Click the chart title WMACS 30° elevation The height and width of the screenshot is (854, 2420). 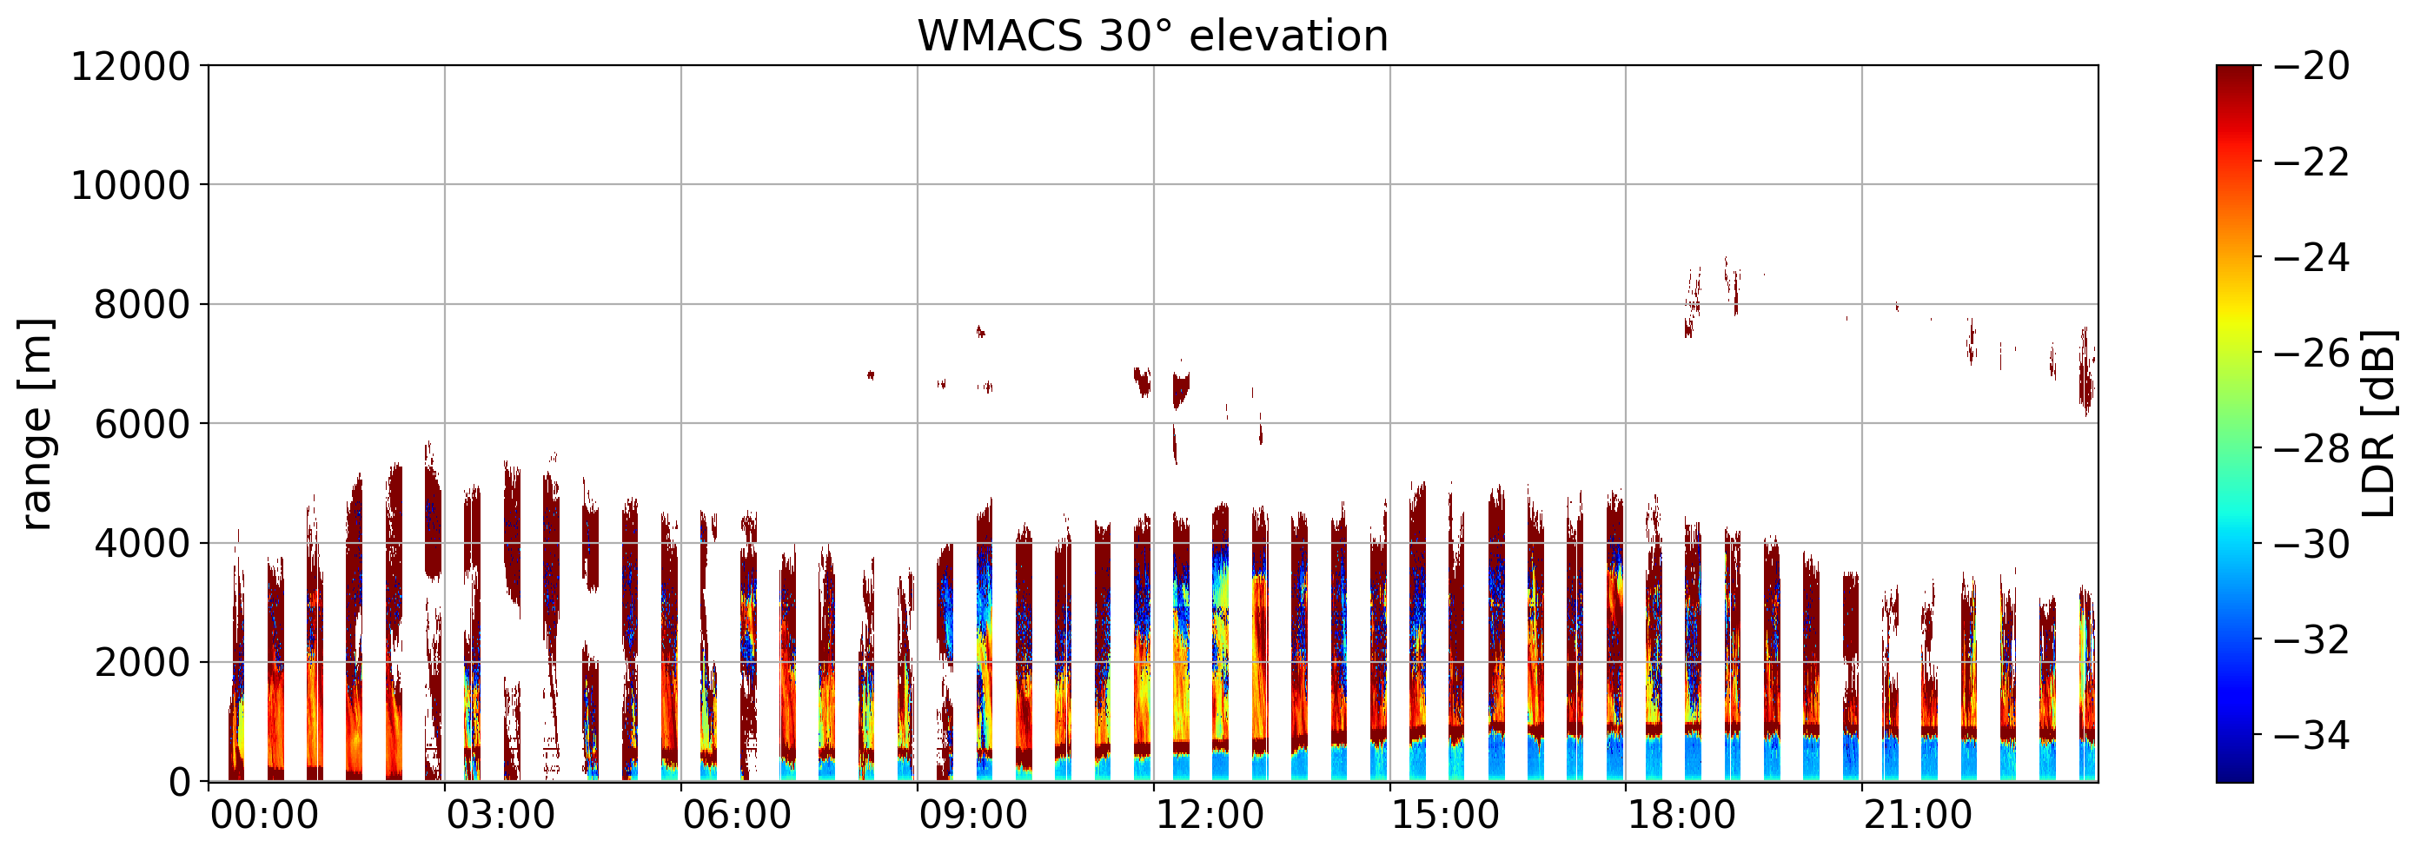pos(1153,36)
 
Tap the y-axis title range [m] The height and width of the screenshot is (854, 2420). pos(36,424)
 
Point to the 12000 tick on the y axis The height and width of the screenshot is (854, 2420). pos(130,67)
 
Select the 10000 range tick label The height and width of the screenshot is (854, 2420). pos(130,186)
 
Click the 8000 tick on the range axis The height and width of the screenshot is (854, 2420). pos(142,305)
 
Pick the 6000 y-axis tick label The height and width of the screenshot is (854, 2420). pos(142,425)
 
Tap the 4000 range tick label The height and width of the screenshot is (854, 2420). pos(142,544)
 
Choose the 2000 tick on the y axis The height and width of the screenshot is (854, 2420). pos(142,663)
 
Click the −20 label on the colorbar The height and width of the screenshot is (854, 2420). pos(2311,67)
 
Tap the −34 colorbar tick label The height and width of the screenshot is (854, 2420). pos(2311,736)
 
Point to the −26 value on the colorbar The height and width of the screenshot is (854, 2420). pos(2311,354)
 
